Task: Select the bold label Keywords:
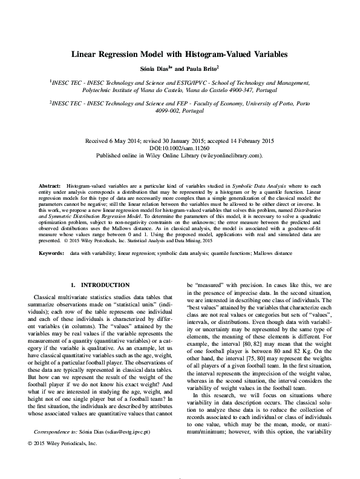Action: [x=51, y=253]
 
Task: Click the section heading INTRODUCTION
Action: [x=105, y=285]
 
